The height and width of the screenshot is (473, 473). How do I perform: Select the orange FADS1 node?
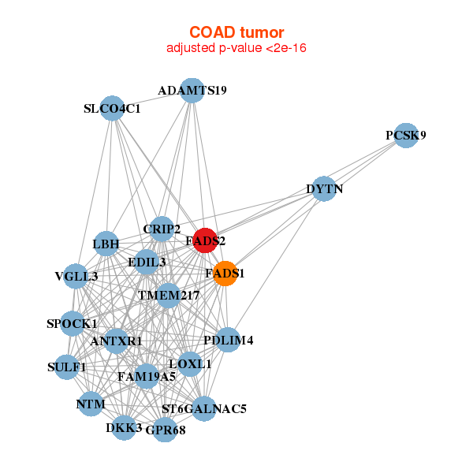(225, 274)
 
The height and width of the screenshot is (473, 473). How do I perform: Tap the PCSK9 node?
(405, 135)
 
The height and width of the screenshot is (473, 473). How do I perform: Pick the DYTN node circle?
(325, 188)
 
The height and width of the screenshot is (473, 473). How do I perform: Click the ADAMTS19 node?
(192, 90)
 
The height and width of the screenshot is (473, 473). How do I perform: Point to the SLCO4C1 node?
(112, 108)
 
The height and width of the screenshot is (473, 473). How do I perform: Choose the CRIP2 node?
(162, 229)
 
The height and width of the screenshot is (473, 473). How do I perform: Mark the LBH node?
(106, 244)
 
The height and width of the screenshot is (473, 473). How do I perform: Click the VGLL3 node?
(76, 276)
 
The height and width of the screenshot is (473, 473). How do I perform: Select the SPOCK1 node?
(72, 323)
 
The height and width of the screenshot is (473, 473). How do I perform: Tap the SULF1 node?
(67, 367)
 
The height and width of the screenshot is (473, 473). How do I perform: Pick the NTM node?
(91, 404)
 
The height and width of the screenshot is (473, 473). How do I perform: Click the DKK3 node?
(124, 427)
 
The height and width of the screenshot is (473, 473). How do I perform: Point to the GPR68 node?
(164, 430)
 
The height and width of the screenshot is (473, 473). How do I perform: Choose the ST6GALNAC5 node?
(203, 408)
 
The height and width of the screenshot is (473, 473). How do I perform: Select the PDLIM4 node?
(227, 340)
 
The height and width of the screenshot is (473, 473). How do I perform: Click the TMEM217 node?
(168, 296)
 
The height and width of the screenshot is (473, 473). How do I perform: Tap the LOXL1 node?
(191, 363)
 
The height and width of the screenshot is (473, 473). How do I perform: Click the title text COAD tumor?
(236, 32)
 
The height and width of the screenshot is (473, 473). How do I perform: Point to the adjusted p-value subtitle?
(236, 48)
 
